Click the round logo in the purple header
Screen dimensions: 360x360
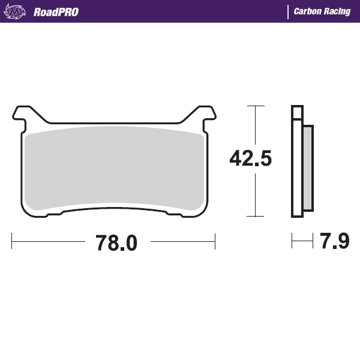tap(17, 11)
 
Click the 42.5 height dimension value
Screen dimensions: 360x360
tap(251, 158)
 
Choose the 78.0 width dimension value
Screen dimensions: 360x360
tap(116, 243)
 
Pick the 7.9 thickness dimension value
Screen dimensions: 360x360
tap(334, 242)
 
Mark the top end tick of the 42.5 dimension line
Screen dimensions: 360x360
tap(256, 106)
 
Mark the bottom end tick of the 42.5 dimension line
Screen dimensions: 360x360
tap(256, 216)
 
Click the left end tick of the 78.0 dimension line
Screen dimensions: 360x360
tap(12, 242)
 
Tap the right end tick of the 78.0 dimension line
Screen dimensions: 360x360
tap(215, 242)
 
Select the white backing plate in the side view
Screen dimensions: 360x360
tap(296, 162)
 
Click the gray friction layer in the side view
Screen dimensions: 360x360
tap(307, 168)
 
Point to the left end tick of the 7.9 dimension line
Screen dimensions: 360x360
tap(292, 242)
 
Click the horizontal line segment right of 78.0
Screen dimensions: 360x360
tap(182, 242)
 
